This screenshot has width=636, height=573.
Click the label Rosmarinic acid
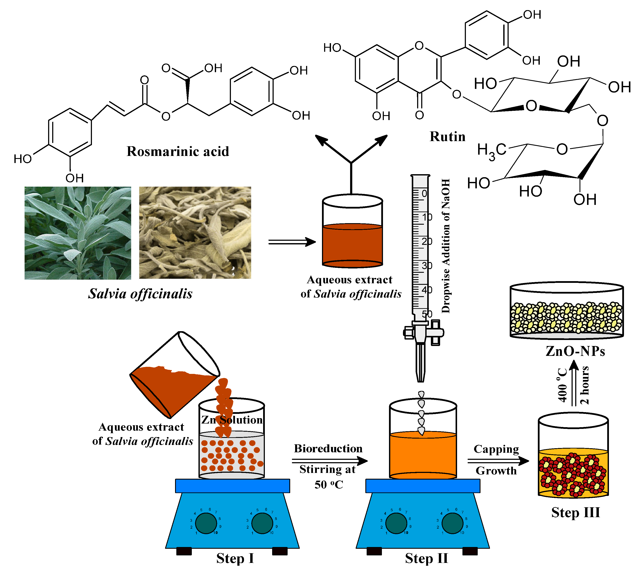pyautogui.click(x=178, y=151)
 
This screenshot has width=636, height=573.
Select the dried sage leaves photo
pyautogui.click(x=195, y=232)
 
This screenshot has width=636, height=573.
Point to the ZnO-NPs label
pyautogui.click(x=575, y=351)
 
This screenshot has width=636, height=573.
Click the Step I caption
pyautogui.click(x=235, y=558)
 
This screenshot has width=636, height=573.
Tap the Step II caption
pyautogui.click(x=426, y=558)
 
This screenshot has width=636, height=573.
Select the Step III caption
pyautogui.click(x=575, y=512)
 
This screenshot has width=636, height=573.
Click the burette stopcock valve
pyautogui.click(x=424, y=332)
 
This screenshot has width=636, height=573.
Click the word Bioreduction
pyautogui.click(x=328, y=448)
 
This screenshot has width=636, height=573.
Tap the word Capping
pyautogui.click(x=496, y=449)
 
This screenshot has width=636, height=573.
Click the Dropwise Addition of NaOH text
pyautogui.click(x=445, y=245)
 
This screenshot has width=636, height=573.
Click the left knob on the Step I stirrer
pyautogui.click(x=206, y=523)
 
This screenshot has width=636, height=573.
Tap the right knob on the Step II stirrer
pyautogui.click(x=452, y=523)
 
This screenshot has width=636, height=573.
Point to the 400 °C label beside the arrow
pyautogui.click(x=562, y=385)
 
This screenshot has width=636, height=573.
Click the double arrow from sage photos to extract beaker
pyautogui.click(x=291, y=242)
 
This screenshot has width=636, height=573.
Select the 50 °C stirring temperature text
pyautogui.click(x=328, y=484)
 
